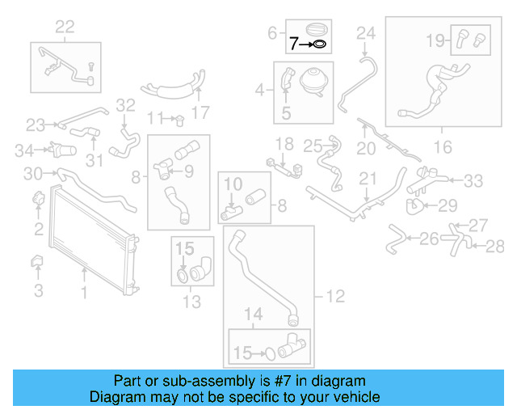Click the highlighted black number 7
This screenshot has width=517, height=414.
pos(294,44)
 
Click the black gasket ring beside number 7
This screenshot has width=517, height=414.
pos(320,44)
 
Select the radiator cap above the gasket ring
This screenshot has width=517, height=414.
pos(317,29)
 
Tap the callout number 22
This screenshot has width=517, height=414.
pos(65,27)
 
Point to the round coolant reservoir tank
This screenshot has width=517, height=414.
pos(314,82)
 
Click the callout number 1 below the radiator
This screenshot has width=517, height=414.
pos(84,292)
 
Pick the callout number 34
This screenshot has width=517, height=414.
pos(24,150)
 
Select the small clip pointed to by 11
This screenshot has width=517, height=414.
pos(179,120)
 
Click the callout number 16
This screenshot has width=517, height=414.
pos(443,147)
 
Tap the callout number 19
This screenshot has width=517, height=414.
pos(435,40)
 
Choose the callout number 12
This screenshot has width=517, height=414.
pos(335,296)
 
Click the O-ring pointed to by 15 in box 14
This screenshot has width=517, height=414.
pos(271,354)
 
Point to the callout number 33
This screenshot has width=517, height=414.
pos(473,180)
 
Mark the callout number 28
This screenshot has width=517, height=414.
pos(494,247)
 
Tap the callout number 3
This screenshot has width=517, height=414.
pos(39,290)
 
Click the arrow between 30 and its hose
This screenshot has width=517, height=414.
pos(50,173)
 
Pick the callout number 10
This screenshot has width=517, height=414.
pos(233,184)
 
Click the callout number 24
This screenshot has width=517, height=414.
pos(366,33)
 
